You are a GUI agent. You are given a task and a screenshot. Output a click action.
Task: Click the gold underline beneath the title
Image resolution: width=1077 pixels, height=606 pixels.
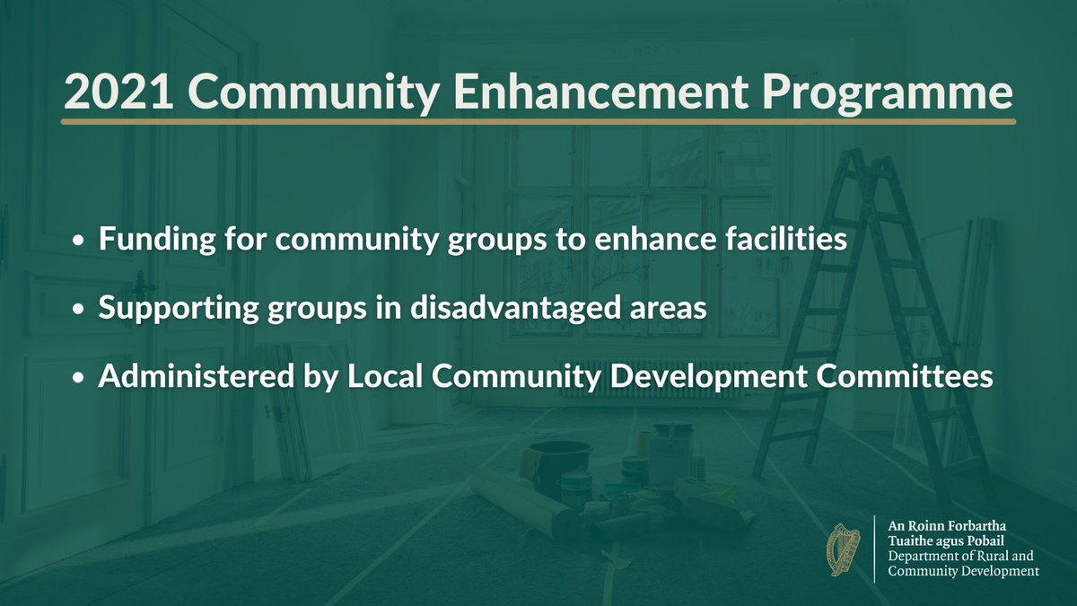pyautogui.click(x=538, y=121)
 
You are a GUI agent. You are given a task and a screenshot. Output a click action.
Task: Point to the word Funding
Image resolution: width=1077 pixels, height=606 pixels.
pyautogui.click(x=144, y=241)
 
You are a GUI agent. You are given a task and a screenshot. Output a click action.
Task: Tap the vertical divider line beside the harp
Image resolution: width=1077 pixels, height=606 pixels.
pyautogui.click(x=874, y=549)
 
